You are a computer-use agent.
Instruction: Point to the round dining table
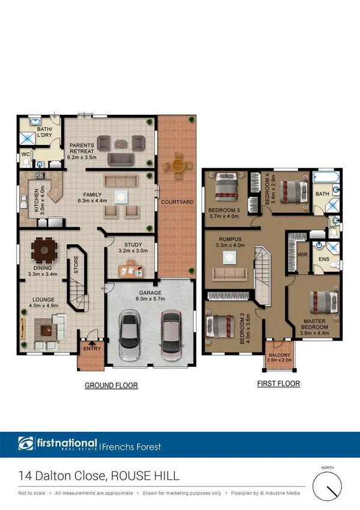[43, 247]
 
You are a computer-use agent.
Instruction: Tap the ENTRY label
[91, 349]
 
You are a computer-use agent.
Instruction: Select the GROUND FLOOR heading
[111, 386]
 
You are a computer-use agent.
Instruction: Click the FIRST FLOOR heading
[278, 383]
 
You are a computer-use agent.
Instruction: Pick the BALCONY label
[279, 355]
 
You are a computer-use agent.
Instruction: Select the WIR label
[302, 255]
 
